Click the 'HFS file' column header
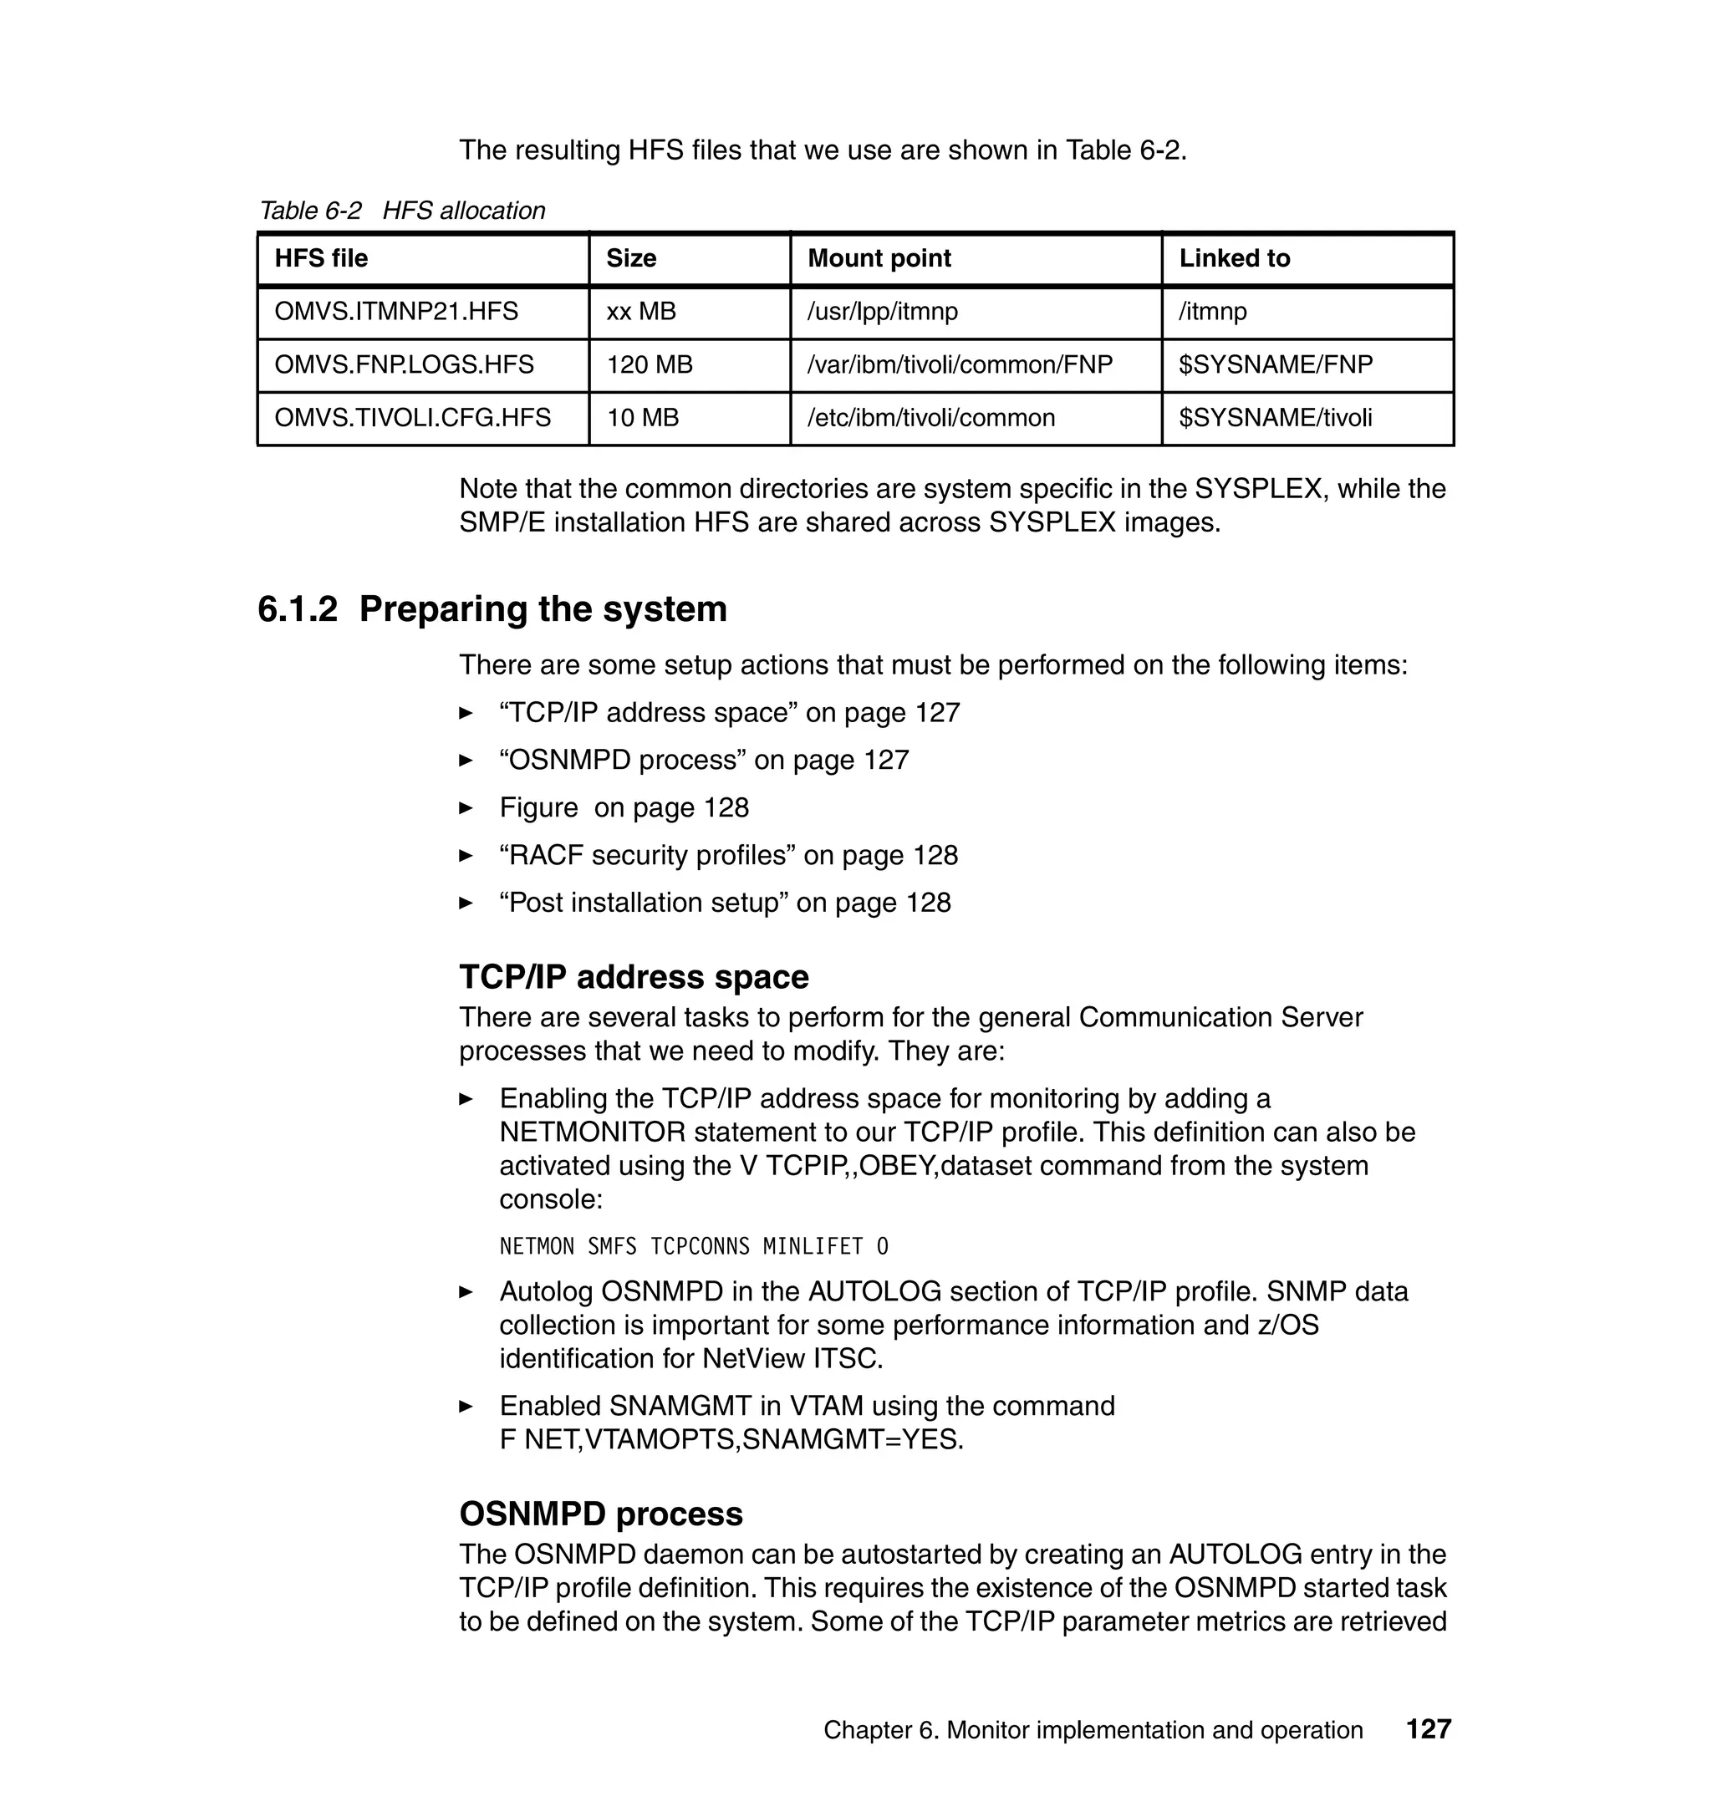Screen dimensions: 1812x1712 coord(321,258)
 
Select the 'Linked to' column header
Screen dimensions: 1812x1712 coord(1234,258)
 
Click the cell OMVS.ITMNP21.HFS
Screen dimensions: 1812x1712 coord(396,312)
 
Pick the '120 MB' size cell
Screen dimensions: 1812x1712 coord(650,365)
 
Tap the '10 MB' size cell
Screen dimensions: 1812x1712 coord(643,418)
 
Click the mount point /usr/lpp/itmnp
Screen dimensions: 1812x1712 coord(883,312)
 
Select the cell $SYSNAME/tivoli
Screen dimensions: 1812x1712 coord(1275,418)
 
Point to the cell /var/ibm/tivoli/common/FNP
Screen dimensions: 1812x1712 coord(960,365)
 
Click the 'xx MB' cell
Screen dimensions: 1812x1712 coord(640,312)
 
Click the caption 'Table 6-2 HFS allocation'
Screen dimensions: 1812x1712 coord(402,211)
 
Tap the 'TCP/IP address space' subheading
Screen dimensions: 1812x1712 coord(634,977)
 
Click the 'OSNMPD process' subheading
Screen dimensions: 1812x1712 coord(600,1514)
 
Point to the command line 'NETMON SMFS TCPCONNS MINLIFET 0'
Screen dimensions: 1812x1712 coord(694,1246)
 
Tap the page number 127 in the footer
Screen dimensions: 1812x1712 coord(1428,1729)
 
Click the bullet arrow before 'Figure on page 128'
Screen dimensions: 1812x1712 coord(466,807)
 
